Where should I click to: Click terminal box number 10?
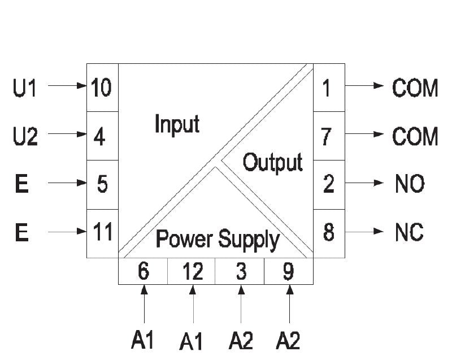pos(102,88)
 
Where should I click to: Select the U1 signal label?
pos(25,88)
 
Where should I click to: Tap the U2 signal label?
pos(25,136)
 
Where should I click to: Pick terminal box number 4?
pos(102,136)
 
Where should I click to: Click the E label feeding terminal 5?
pos(21,184)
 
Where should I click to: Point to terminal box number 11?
pos(102,233)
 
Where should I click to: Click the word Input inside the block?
pos(177,124)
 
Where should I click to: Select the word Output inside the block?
pos(272,163)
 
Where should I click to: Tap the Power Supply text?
pos(218,240)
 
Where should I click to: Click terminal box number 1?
pos(329,88)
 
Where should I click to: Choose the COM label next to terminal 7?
pos(415,136)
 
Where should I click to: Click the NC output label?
pos(410,233)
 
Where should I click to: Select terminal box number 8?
pos(329,233)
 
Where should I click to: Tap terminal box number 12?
pos(192,272)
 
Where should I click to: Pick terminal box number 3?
pos(240,272)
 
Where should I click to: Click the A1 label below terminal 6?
pos(143,340)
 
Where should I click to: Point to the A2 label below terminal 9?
pos(288,340)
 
